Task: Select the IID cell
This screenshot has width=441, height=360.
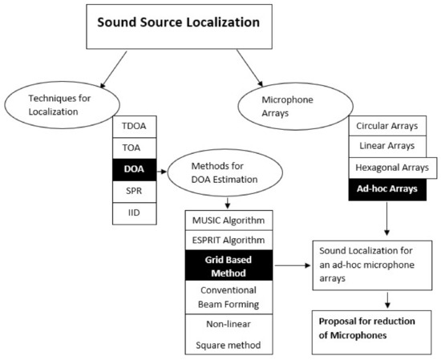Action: [134, 213]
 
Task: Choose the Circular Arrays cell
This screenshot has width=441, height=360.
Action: [389, 127]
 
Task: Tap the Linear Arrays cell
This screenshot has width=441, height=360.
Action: [389, 148]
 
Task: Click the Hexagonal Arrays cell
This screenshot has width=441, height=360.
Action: [389, 169]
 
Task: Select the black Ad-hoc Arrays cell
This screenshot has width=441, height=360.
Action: [389, 191]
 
